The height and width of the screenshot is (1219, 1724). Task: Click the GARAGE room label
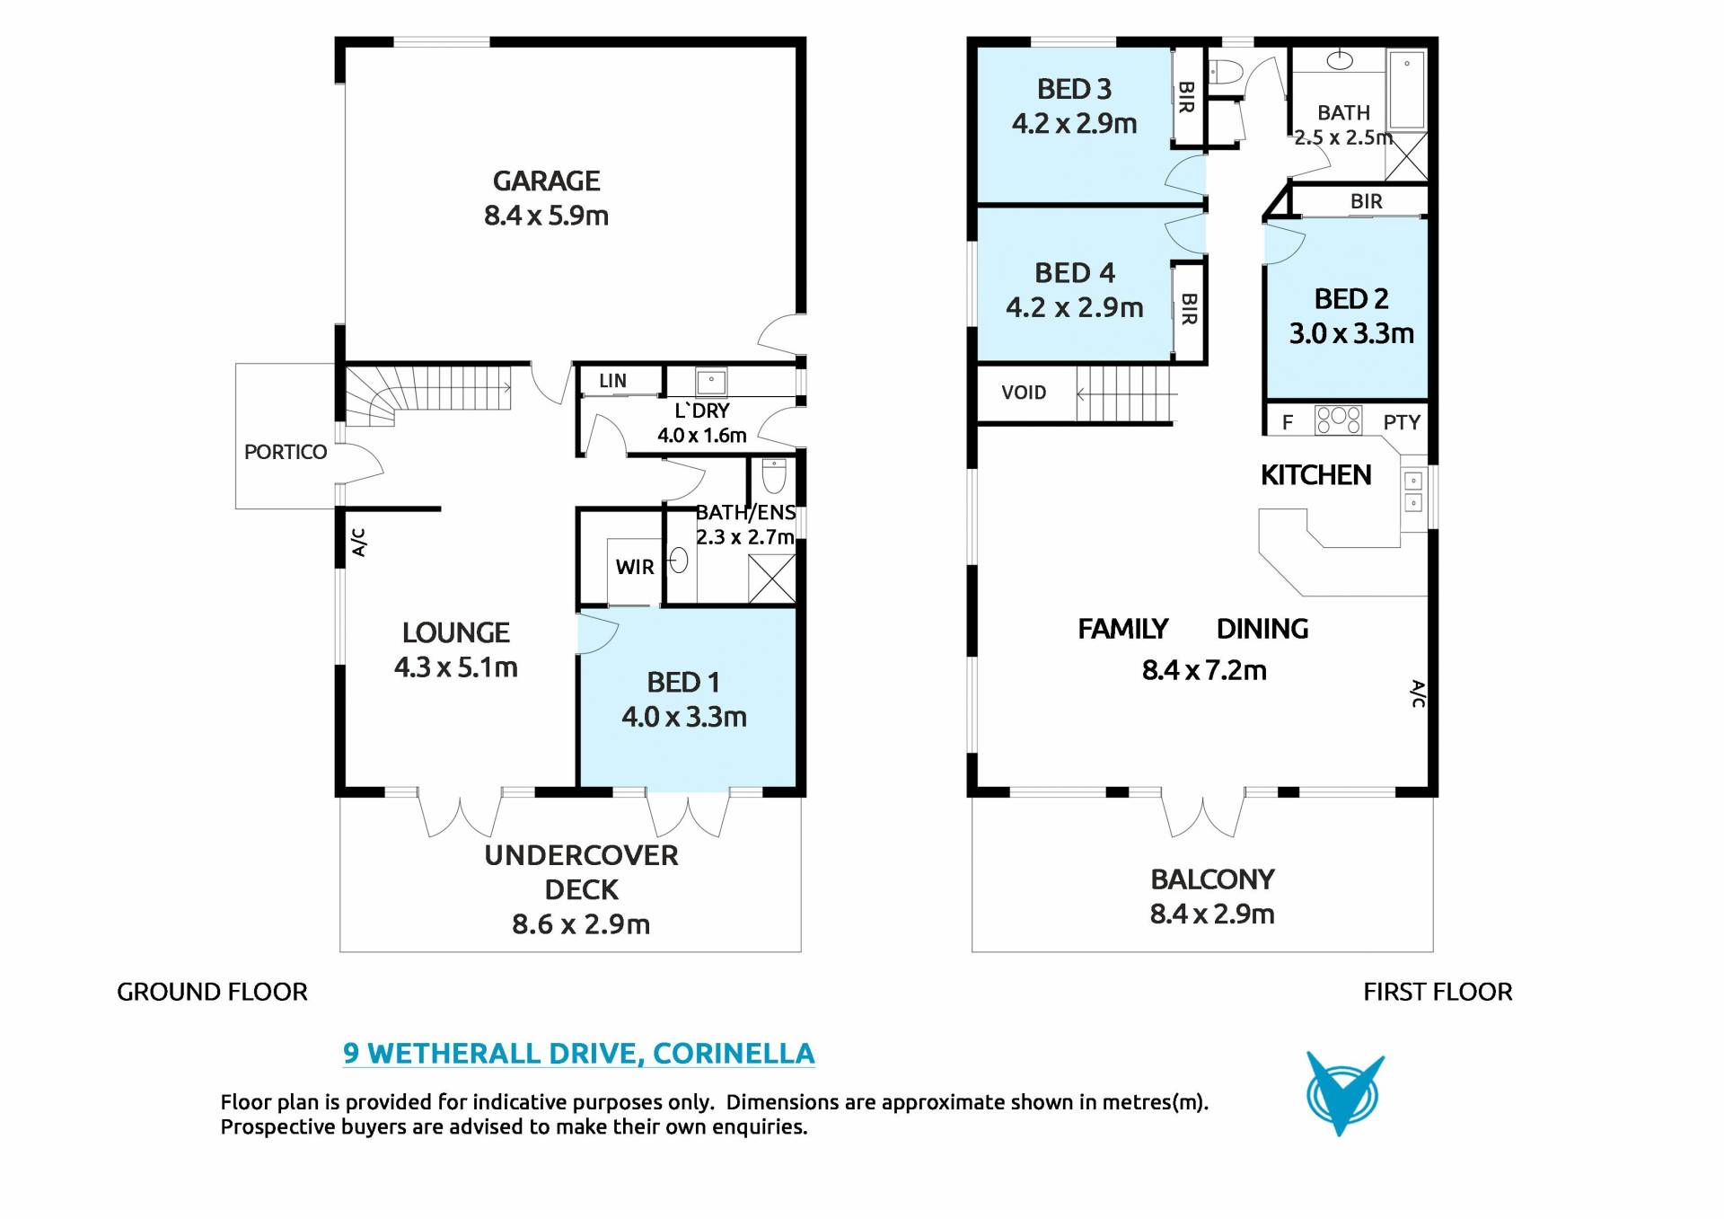coord(546,181)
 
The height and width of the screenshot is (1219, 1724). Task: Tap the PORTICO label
coord(286,452)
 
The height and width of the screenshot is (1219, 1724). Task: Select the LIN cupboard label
coord(612,381)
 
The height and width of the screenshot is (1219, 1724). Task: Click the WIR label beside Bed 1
coord(635,567)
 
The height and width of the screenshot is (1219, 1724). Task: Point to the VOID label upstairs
coord(1024,393)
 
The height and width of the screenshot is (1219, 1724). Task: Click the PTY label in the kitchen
coord(1402,422)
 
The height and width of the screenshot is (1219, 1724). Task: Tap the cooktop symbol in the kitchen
coord(1338,420)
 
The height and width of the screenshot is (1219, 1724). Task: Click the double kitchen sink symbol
coord(1413,492)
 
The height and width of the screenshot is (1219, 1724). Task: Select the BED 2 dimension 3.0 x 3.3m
coord(1351,334)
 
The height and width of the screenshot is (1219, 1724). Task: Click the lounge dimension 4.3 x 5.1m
coord(456,667)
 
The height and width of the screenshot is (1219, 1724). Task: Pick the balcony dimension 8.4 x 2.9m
coord(1212,914)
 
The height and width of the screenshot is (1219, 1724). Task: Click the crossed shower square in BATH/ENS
coord(772,579)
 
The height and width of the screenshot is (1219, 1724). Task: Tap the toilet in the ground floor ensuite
coord(774,475)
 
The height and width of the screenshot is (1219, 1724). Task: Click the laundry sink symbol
coord(711,381)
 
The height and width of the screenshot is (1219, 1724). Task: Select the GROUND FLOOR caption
coord(212,992)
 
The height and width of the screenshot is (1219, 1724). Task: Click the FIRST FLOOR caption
coord(1438,992)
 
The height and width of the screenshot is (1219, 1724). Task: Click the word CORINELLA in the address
coord(734,1053)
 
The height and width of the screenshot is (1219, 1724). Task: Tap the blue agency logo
coord(1344,1093)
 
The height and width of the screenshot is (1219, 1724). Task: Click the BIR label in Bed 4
coord(1189,309)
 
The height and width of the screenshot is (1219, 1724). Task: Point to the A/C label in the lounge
coord(358,543)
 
